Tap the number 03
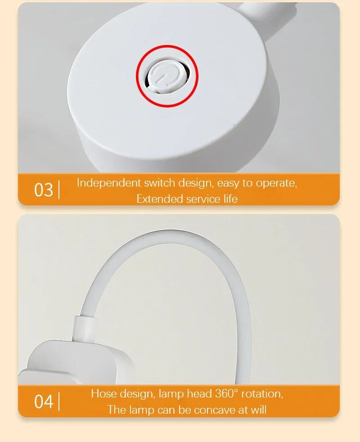(44, 190)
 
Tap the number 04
(44, 402)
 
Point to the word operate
(276, 183)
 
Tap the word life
(228, 199)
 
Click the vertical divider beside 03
(59, 190)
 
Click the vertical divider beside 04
(59, 402)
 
